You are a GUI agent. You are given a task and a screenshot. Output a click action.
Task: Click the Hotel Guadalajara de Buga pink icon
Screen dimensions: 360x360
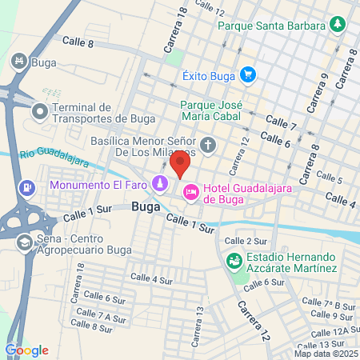click(191, 192)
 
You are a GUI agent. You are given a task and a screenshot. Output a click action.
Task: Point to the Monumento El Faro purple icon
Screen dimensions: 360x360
click(161, 185)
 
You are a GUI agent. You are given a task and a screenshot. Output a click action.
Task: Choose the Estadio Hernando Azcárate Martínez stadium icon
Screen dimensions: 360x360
click(234, 259)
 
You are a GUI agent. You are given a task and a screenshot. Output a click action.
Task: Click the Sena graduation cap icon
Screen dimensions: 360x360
click(25, 242)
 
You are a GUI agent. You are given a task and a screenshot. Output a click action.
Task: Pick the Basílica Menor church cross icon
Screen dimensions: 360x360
click(209, 146)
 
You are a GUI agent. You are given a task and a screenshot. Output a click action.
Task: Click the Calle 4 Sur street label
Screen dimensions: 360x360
click(151, 281)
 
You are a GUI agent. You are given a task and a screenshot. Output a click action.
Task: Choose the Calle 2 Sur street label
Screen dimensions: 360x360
click(245, 241)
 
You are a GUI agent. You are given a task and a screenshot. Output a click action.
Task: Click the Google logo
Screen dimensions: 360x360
click(26, 350)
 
